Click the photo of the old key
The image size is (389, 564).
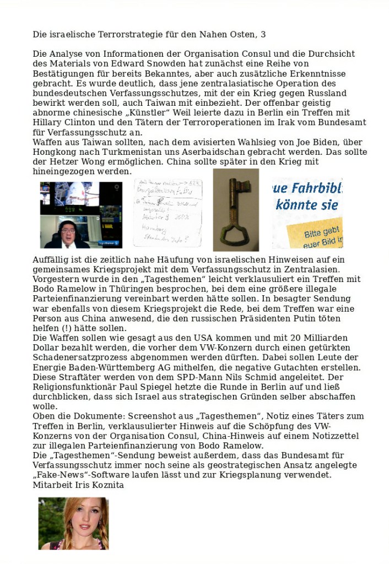pos(236,209)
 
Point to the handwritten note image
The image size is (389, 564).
pos(168,213)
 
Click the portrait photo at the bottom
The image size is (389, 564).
pos(73,523)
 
